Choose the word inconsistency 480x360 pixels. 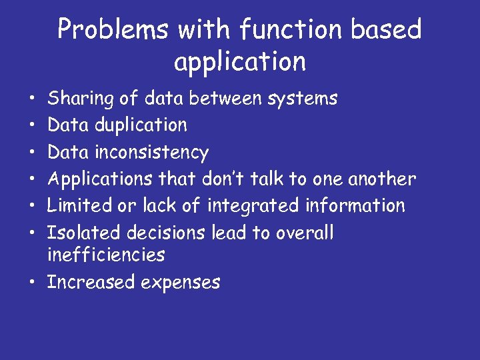pos(153,153)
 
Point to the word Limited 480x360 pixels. pos(79,205)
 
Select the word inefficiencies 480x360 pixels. pos(106,255)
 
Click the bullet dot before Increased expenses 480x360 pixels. pos(32,283)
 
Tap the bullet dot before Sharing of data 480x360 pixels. pos(32,99)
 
